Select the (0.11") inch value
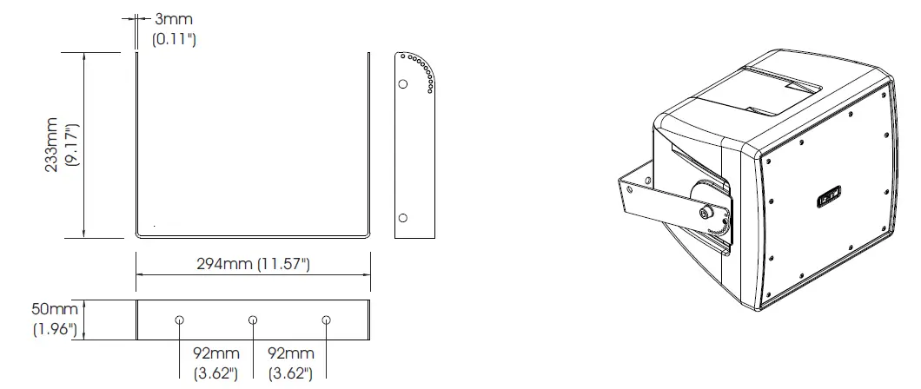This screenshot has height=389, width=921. coord(174,39)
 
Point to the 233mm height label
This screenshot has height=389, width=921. coord(53,145)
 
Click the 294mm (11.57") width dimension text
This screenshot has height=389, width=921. coord(252,264)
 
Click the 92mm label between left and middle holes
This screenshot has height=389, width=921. coord(215,354)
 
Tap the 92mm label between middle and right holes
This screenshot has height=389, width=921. coord(289,354)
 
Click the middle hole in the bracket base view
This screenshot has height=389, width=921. coord(252,320)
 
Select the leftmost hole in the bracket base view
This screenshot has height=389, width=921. coord(178,320)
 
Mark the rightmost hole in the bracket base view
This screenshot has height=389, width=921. coord(326,320)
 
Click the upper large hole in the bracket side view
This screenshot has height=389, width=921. coord(403,84)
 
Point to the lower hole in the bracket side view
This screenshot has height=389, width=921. coord(403,217)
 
